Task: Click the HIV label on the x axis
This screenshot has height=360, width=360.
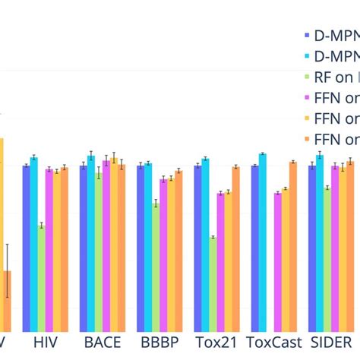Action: point(45,343)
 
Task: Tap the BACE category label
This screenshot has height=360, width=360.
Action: point(102,343)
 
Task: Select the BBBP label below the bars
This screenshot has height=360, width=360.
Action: point(159,343)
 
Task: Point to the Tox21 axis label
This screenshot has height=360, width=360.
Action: point(216,343)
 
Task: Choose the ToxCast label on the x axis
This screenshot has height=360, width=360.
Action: point(273,343)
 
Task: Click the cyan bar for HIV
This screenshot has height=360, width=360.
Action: point(33,243)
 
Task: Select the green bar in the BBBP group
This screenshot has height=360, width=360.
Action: point(156,266)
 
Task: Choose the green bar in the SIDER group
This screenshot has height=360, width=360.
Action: point(327,258)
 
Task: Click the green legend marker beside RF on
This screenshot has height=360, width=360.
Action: point(306,77)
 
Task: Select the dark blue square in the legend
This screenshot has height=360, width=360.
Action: point(306,35)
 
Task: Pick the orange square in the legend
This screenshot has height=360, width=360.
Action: point(306,140)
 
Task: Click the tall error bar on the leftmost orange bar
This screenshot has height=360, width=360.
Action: point(7,270)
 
